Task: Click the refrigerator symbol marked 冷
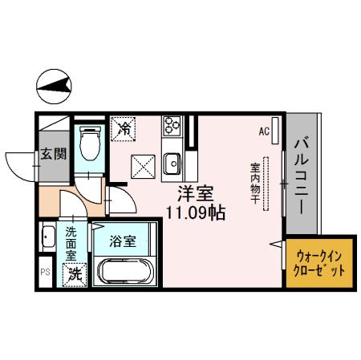coord(125,127)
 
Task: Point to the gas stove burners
coord(172,125)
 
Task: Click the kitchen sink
coord(172,165)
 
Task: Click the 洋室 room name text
coord(193,193)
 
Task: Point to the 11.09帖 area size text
coord(194,213)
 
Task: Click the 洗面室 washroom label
coord(71,242)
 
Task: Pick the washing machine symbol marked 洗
coord(74,273)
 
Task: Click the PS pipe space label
coord(44,272)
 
